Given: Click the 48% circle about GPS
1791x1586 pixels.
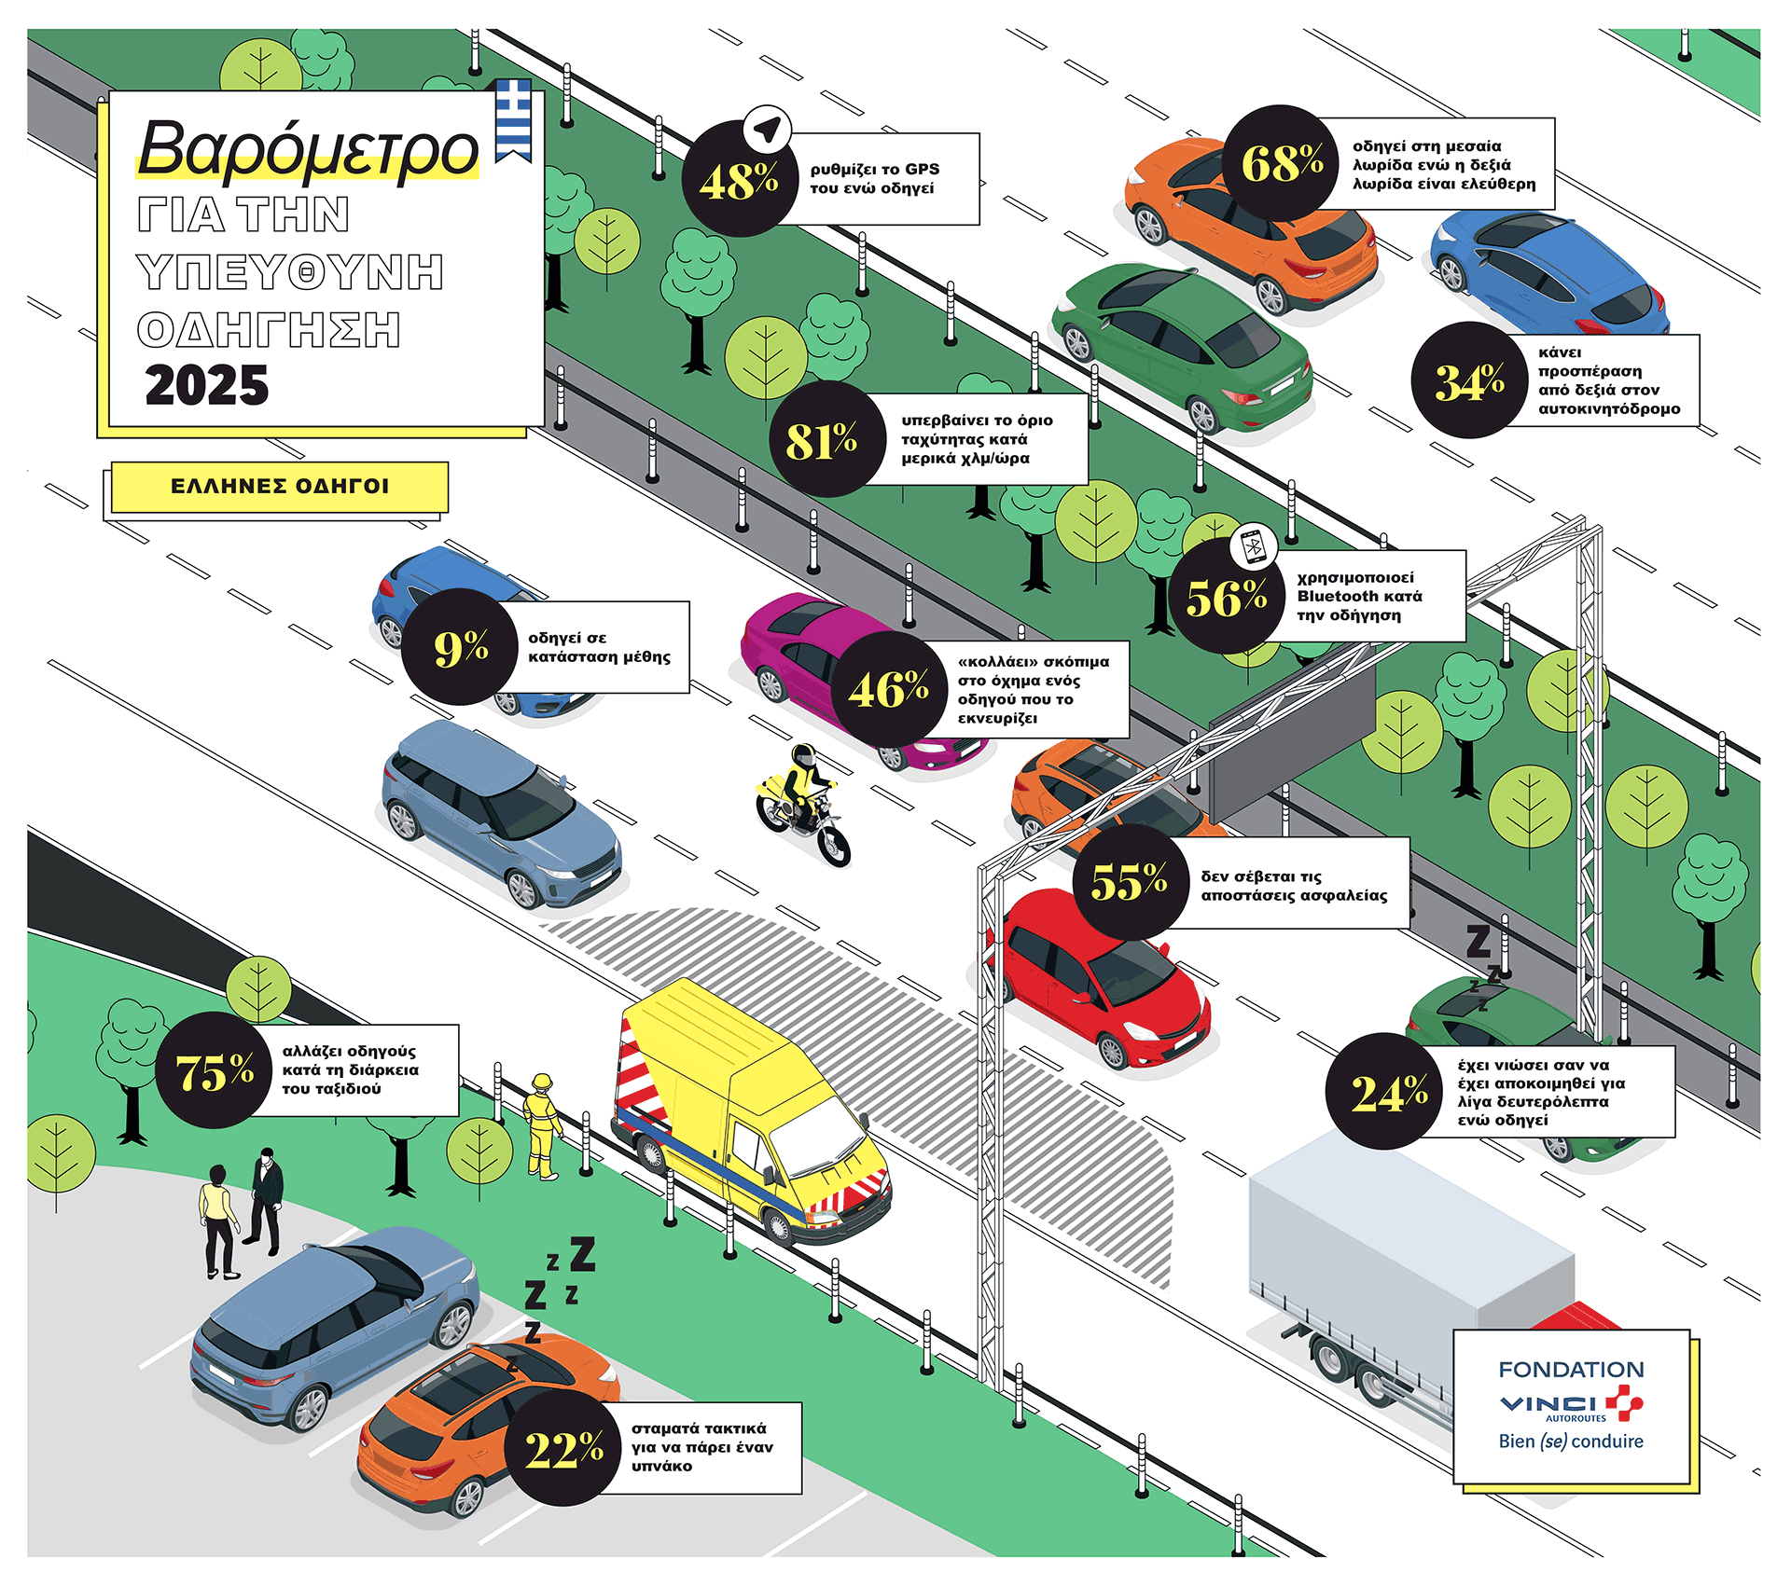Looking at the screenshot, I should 739,180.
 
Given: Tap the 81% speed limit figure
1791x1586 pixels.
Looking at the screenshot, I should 822,440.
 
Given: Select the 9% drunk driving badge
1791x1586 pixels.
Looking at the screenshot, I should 461,647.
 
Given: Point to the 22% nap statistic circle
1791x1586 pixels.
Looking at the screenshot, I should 563,1449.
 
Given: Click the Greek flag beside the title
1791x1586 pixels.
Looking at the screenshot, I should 513,119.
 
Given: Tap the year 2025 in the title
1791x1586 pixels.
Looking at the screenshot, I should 207,385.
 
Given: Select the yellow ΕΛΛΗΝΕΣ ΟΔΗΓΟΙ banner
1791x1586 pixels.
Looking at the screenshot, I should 280,487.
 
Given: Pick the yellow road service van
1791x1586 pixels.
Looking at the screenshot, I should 746,1110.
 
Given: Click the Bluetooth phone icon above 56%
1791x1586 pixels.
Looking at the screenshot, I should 1254,546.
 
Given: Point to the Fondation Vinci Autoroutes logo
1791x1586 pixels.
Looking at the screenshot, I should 1572,1404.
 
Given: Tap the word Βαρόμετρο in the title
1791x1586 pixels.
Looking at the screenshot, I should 308,149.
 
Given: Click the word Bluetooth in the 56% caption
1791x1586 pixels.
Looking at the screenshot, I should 1359,597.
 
